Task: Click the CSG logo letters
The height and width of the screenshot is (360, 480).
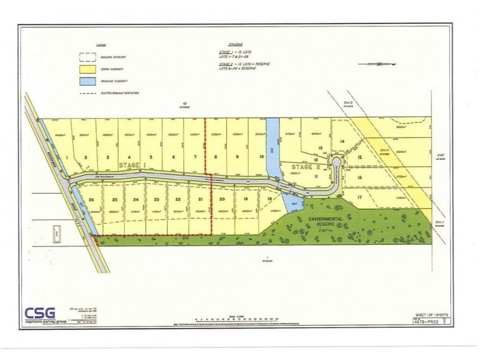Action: pos(40,313)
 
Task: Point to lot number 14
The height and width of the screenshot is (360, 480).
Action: pos(342,142)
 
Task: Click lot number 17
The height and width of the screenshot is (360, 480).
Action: pos(359,197)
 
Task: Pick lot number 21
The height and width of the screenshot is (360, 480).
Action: pos(201,200)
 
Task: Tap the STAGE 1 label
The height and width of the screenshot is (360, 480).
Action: pos(132,164)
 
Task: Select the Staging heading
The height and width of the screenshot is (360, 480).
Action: pos(236,45)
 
